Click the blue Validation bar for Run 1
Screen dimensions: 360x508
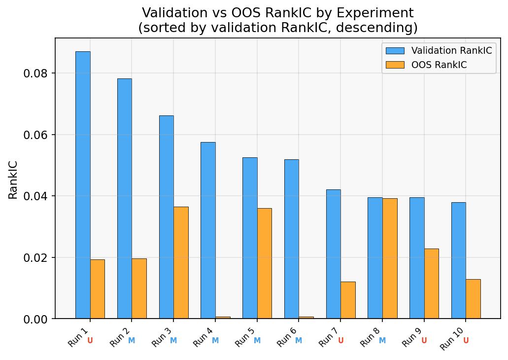pyautogui.click(x=83, y=185)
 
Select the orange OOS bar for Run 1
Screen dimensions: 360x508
pyautogui.click(x=97, y=289)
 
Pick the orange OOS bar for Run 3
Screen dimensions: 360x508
pyautogui.click(x=181, y=263)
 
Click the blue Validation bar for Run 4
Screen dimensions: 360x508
pyautogui.click(x=208, y=230)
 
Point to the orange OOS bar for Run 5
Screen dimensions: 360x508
pyautogui.click(x=264, y=263)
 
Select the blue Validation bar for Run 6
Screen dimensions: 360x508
pyautogui.click(x=291, y=239)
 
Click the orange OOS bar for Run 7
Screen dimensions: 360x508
pyautogui.click(x=348, y=300)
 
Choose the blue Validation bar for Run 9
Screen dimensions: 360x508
pyautogui.click(x=417, y=258)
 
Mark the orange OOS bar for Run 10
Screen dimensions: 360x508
pyautogui.click(x=473, y=299)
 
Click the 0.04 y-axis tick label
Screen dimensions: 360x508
pyautogui.click(x=38, y=196)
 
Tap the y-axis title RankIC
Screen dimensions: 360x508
pyautogui.click(x=13, y=180)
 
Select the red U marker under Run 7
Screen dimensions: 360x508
pyautogui.click(x=340, y=341)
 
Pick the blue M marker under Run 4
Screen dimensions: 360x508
pyautogui.click(x=215, y=341)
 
